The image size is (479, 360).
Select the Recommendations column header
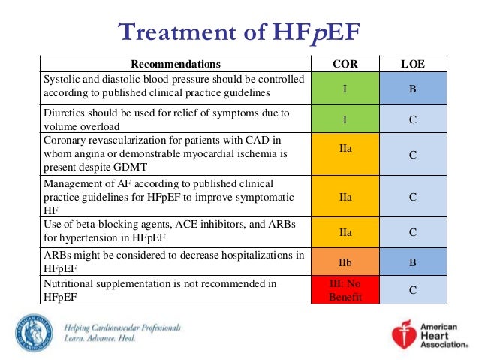176,64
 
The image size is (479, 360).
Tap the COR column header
345,64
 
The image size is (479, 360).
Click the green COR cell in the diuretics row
345,119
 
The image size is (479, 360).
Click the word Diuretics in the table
66,113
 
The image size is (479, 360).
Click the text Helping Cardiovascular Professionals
122,328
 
